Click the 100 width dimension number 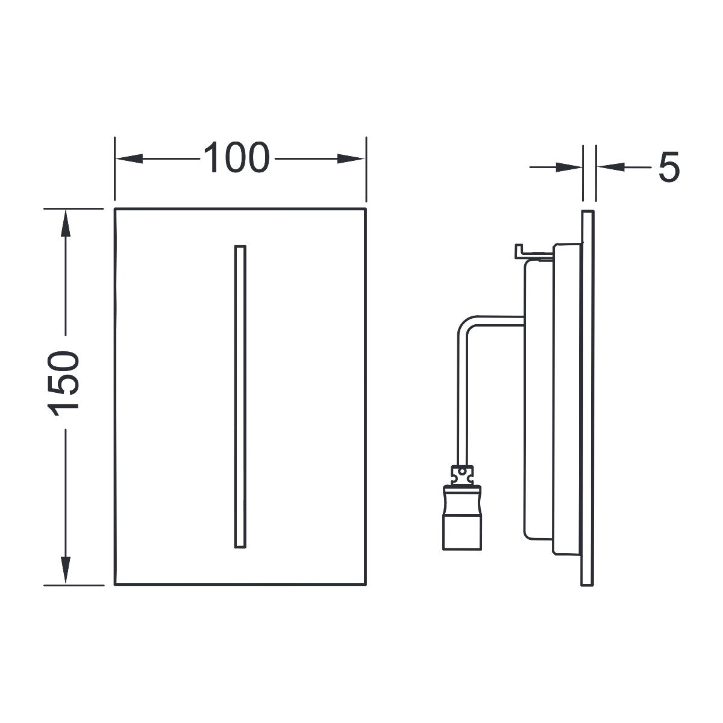point(236,157)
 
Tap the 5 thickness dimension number point(669,167)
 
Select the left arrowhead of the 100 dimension point(129,158)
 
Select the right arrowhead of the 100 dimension point(351,158)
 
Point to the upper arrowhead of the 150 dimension point(66,224)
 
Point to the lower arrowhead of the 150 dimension point(66,570)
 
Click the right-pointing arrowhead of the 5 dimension point(569,167)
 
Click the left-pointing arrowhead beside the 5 point(610,167)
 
